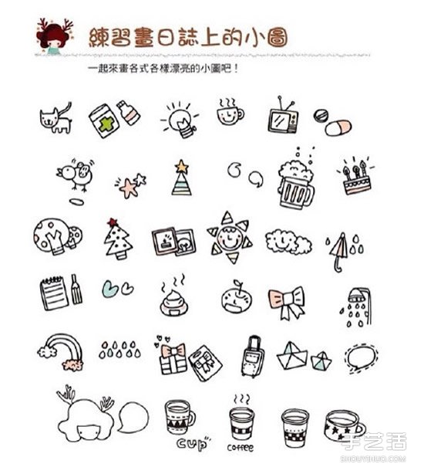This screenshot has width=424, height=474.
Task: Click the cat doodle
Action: click(x=56, y=120)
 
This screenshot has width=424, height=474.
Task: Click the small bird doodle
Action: click(x=76, y=176)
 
